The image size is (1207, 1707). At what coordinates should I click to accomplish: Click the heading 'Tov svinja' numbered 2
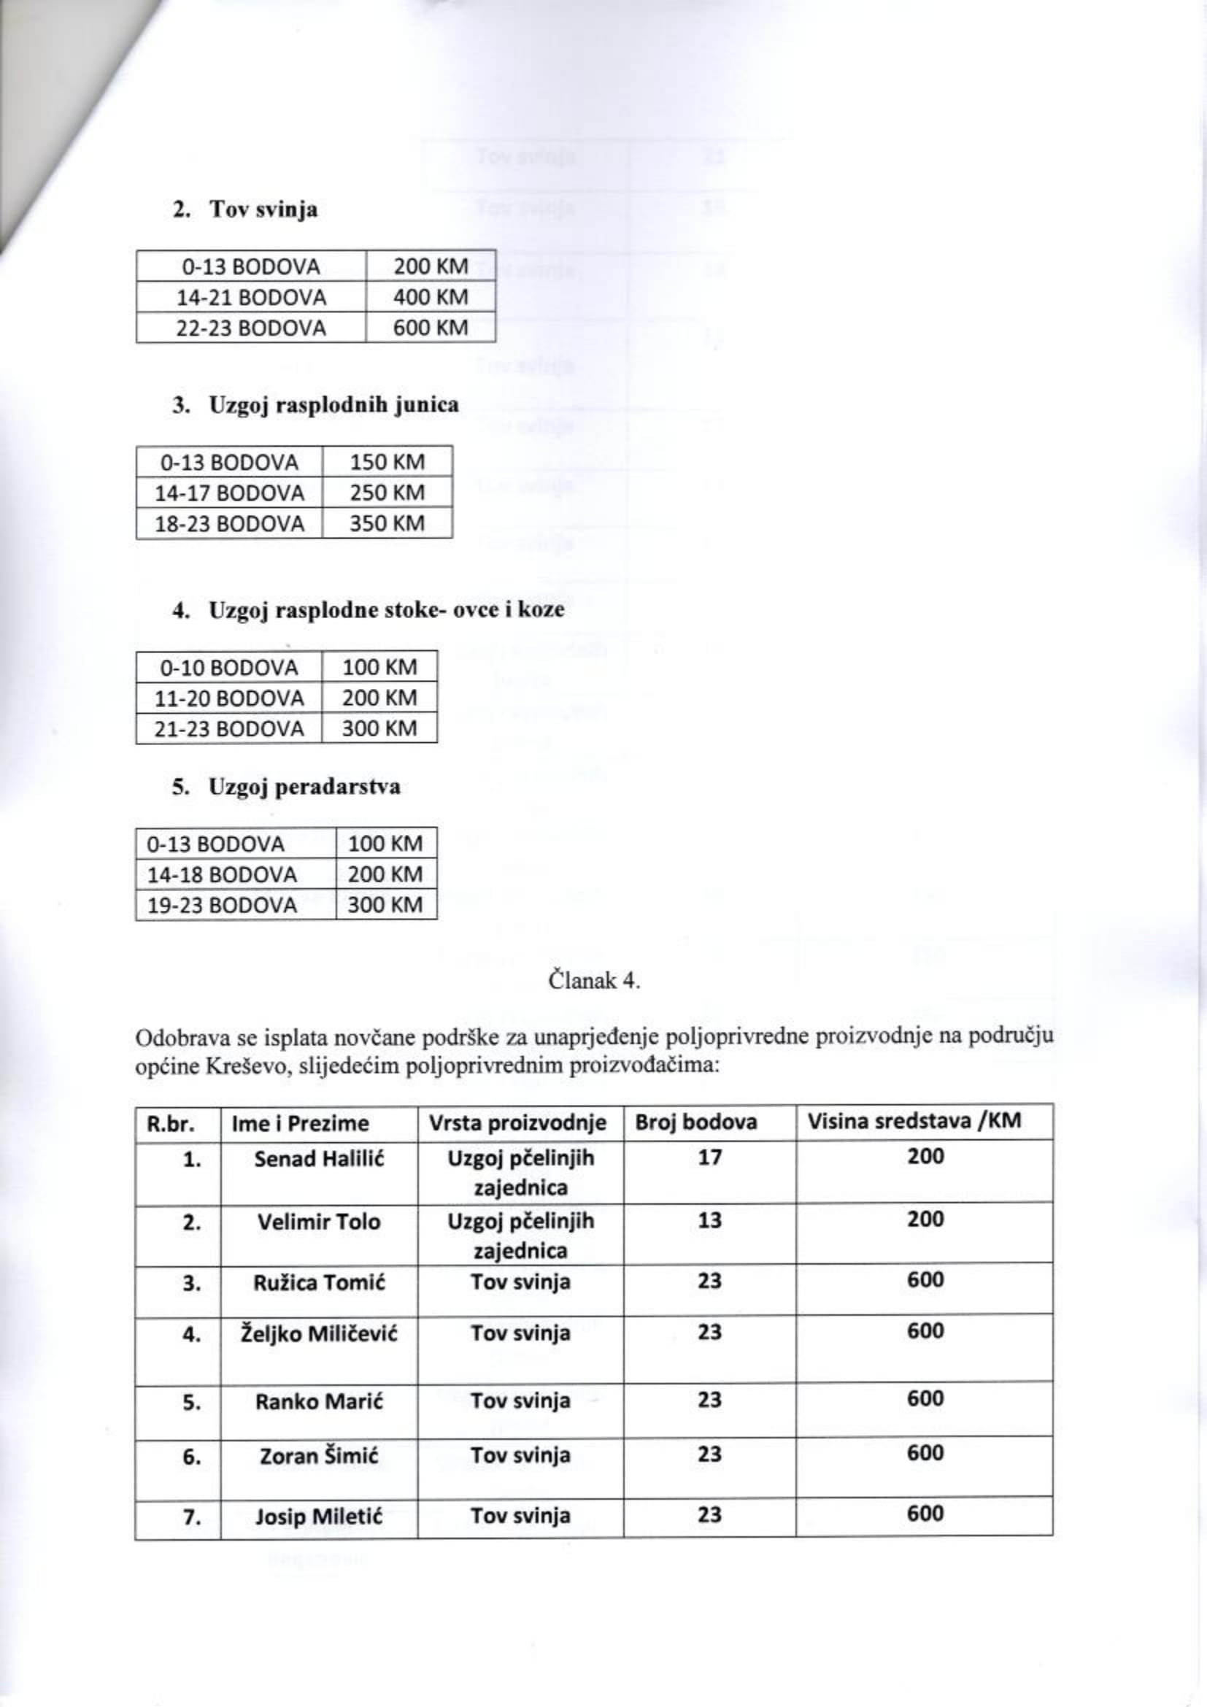tap(264, 209)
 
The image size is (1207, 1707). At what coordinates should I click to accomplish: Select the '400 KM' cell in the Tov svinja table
tap(431, 297)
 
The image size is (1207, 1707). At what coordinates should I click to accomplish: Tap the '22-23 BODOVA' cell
tap(251, 328)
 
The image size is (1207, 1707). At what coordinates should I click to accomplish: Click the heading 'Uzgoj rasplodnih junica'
tap(333, 405)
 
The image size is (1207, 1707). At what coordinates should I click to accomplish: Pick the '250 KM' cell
tap(387, 493)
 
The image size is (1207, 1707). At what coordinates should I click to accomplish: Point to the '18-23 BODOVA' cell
tap(230, 524)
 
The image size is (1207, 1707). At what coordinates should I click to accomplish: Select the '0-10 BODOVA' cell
tap(230, 667)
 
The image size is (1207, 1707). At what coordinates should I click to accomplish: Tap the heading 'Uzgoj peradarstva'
tap(305, 787)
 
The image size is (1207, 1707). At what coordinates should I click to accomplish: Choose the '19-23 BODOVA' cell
tap(223, 905)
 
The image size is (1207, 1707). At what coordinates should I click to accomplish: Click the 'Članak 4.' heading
tap(594, 981)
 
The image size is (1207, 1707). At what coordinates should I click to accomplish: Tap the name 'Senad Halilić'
tap(319, 1159)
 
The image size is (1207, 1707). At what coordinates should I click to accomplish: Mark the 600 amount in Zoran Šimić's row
tap(925, 1454)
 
